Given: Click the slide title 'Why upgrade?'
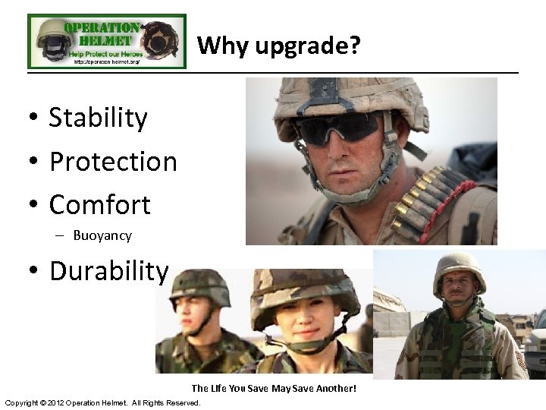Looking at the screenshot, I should [x=278, y=46].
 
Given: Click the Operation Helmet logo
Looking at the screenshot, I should [x=106, y=41].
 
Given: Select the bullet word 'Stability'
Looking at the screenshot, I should [x=98, y=118].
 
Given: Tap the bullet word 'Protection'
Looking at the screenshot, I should [x=112, y=161].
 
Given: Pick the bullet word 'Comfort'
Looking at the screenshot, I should [x=99, y=204].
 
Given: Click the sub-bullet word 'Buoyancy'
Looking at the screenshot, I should [x=102, y=235].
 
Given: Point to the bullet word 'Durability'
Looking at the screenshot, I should [x=108, y=270].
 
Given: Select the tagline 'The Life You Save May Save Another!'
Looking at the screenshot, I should [x=273, y=388].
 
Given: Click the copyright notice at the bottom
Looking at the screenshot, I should [x=102, y=402].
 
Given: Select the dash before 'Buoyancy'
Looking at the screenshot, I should [x=58, y=236].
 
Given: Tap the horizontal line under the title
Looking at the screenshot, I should [x=273, y=73].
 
